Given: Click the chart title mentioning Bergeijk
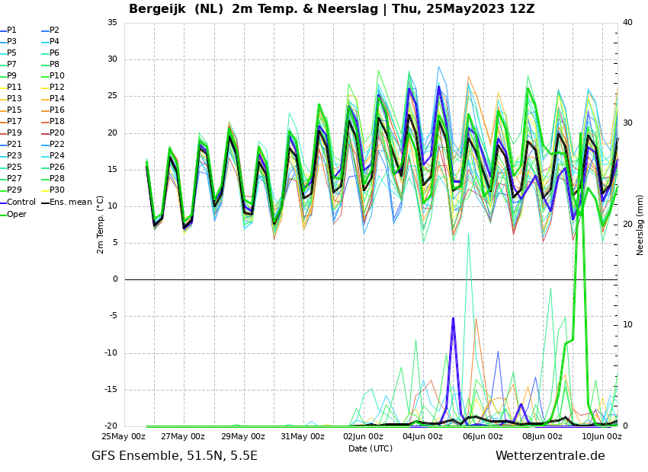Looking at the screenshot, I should [x=332, y=9].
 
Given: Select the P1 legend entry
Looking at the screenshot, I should [x=11, y=30].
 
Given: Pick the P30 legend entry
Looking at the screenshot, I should [x=57, y=190].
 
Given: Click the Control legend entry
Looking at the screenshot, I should [x=21, y=203].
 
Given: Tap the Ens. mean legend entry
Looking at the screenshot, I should [x=71, y=203].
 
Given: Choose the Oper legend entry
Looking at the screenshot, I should [x=16, y=215].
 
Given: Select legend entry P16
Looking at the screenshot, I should [x=57, y=110].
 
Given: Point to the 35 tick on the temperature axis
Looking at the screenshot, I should [x=112, y=23].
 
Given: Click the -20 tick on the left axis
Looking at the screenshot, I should [x=111, y=426].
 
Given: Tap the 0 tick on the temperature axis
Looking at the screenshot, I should [x=115, y=279].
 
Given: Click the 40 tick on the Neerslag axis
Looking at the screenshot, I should [x=627, y=23].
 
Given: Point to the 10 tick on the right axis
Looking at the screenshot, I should [x=627, y=325].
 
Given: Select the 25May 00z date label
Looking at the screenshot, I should [x=124, y=437].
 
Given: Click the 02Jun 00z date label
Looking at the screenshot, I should [x=363, y=437].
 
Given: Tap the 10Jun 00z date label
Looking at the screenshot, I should [x=601, y=437].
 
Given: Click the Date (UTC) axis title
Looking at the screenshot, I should [x=371, y=449].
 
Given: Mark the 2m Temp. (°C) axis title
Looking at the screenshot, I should [x=101, y=224].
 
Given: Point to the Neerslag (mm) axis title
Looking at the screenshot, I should [x=640, y=224].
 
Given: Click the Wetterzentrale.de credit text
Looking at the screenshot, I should [x=550, y=457].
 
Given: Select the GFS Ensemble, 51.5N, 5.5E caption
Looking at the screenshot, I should [x=175, y=457].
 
